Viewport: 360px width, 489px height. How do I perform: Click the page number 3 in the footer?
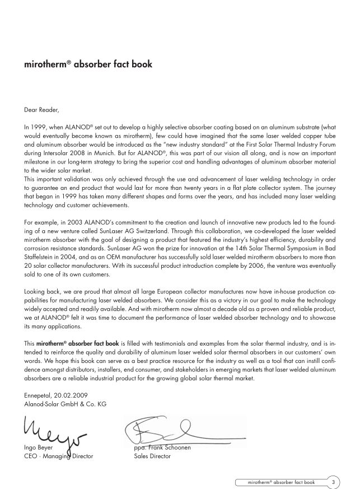333,481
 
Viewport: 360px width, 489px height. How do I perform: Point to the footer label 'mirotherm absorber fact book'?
281,481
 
